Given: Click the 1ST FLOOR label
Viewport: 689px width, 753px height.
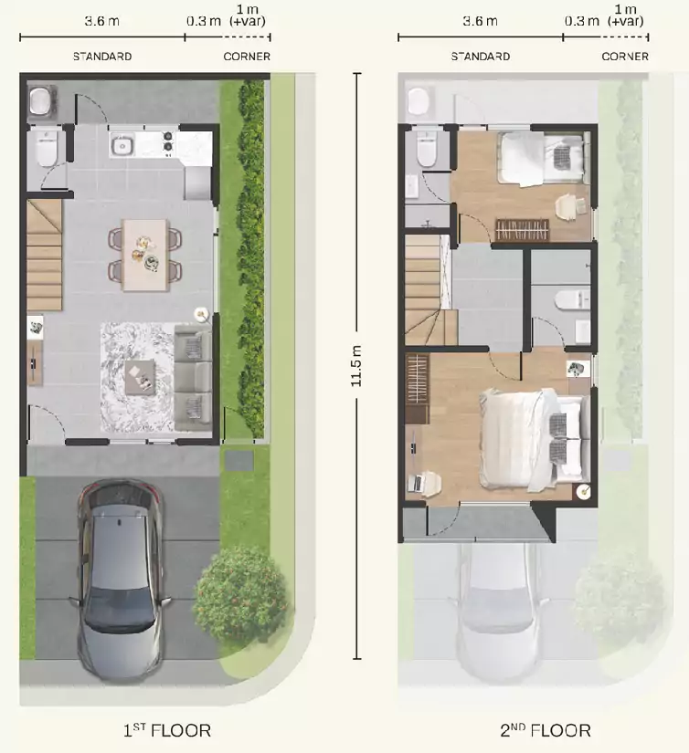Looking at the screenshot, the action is [167, 730].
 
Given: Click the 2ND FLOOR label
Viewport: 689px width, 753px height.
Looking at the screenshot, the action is [546, 730].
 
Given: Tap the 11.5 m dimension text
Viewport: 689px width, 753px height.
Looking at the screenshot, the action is [355, 366].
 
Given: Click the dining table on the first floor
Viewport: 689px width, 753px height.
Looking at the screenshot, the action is [145, 255].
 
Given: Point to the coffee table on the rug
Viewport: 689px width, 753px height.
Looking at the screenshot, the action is [140, 377].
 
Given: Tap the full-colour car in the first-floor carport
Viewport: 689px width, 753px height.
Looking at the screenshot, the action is [121, 580].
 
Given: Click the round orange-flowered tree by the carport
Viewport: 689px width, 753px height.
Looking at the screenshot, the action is [239, 594].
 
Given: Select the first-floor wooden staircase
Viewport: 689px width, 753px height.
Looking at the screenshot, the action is [44, 255].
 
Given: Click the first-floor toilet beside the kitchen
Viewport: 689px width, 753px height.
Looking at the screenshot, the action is [47, 147].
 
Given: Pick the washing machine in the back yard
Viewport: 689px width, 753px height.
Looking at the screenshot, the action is [42, 101].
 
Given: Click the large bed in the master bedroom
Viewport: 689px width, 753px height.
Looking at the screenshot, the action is [535, 439].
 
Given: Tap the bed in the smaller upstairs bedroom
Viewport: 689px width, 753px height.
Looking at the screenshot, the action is [545, 158].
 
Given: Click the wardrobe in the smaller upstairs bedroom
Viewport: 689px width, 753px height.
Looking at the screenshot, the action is [522, 229].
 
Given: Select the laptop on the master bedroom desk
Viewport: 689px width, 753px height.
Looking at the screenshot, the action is [416, 483].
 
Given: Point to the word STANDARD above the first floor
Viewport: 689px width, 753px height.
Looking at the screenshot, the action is [102, 57].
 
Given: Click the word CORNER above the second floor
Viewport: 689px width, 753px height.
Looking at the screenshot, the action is [625, 57].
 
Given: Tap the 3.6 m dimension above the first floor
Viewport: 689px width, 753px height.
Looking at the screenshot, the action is [102, 21].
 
